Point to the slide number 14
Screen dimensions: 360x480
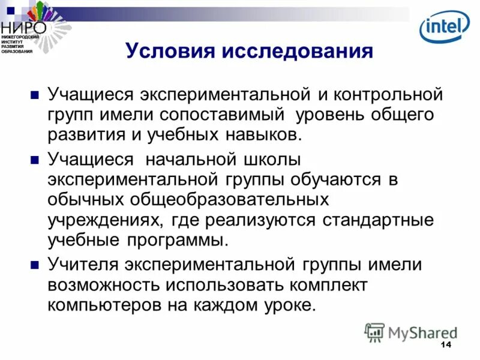(x=445, y=344)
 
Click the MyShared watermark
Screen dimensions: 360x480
(x=412, y=332)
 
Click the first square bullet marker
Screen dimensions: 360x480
(x=35, y=95)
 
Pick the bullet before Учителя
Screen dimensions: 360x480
(x=35, y=264)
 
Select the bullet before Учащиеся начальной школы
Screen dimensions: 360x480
(x=35, y=160)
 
